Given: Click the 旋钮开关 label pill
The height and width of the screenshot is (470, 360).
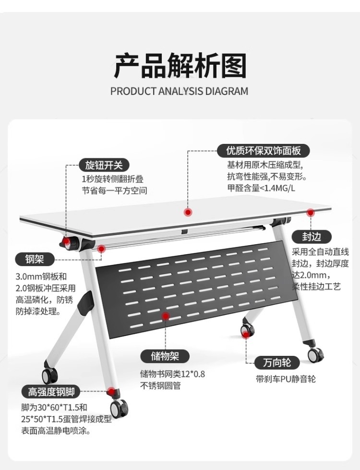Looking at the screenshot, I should coord(104,165).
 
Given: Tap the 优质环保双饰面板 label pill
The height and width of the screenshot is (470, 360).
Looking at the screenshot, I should coord(264,151).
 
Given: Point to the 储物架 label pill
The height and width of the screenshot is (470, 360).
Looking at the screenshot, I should coord(165,356).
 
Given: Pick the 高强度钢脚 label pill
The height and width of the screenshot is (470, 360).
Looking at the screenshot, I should coord(51,392).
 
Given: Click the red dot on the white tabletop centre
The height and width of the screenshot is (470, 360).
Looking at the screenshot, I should coord(189,211).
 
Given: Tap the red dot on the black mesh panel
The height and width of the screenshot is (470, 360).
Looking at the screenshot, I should coord(166,316).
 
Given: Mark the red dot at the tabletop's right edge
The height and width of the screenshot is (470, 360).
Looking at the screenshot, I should coord(311,211).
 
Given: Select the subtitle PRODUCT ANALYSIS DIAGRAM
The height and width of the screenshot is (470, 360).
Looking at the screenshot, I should coord(180,91).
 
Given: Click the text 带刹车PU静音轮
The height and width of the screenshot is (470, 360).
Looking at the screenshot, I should coord(286,379).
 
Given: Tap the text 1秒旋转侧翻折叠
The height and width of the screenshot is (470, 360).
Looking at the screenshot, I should coord(112,179).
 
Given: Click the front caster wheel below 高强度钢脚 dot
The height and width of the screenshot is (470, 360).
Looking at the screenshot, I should coord(119,409).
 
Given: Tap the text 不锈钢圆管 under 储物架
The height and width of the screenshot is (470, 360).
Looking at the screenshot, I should coord(160,386).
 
